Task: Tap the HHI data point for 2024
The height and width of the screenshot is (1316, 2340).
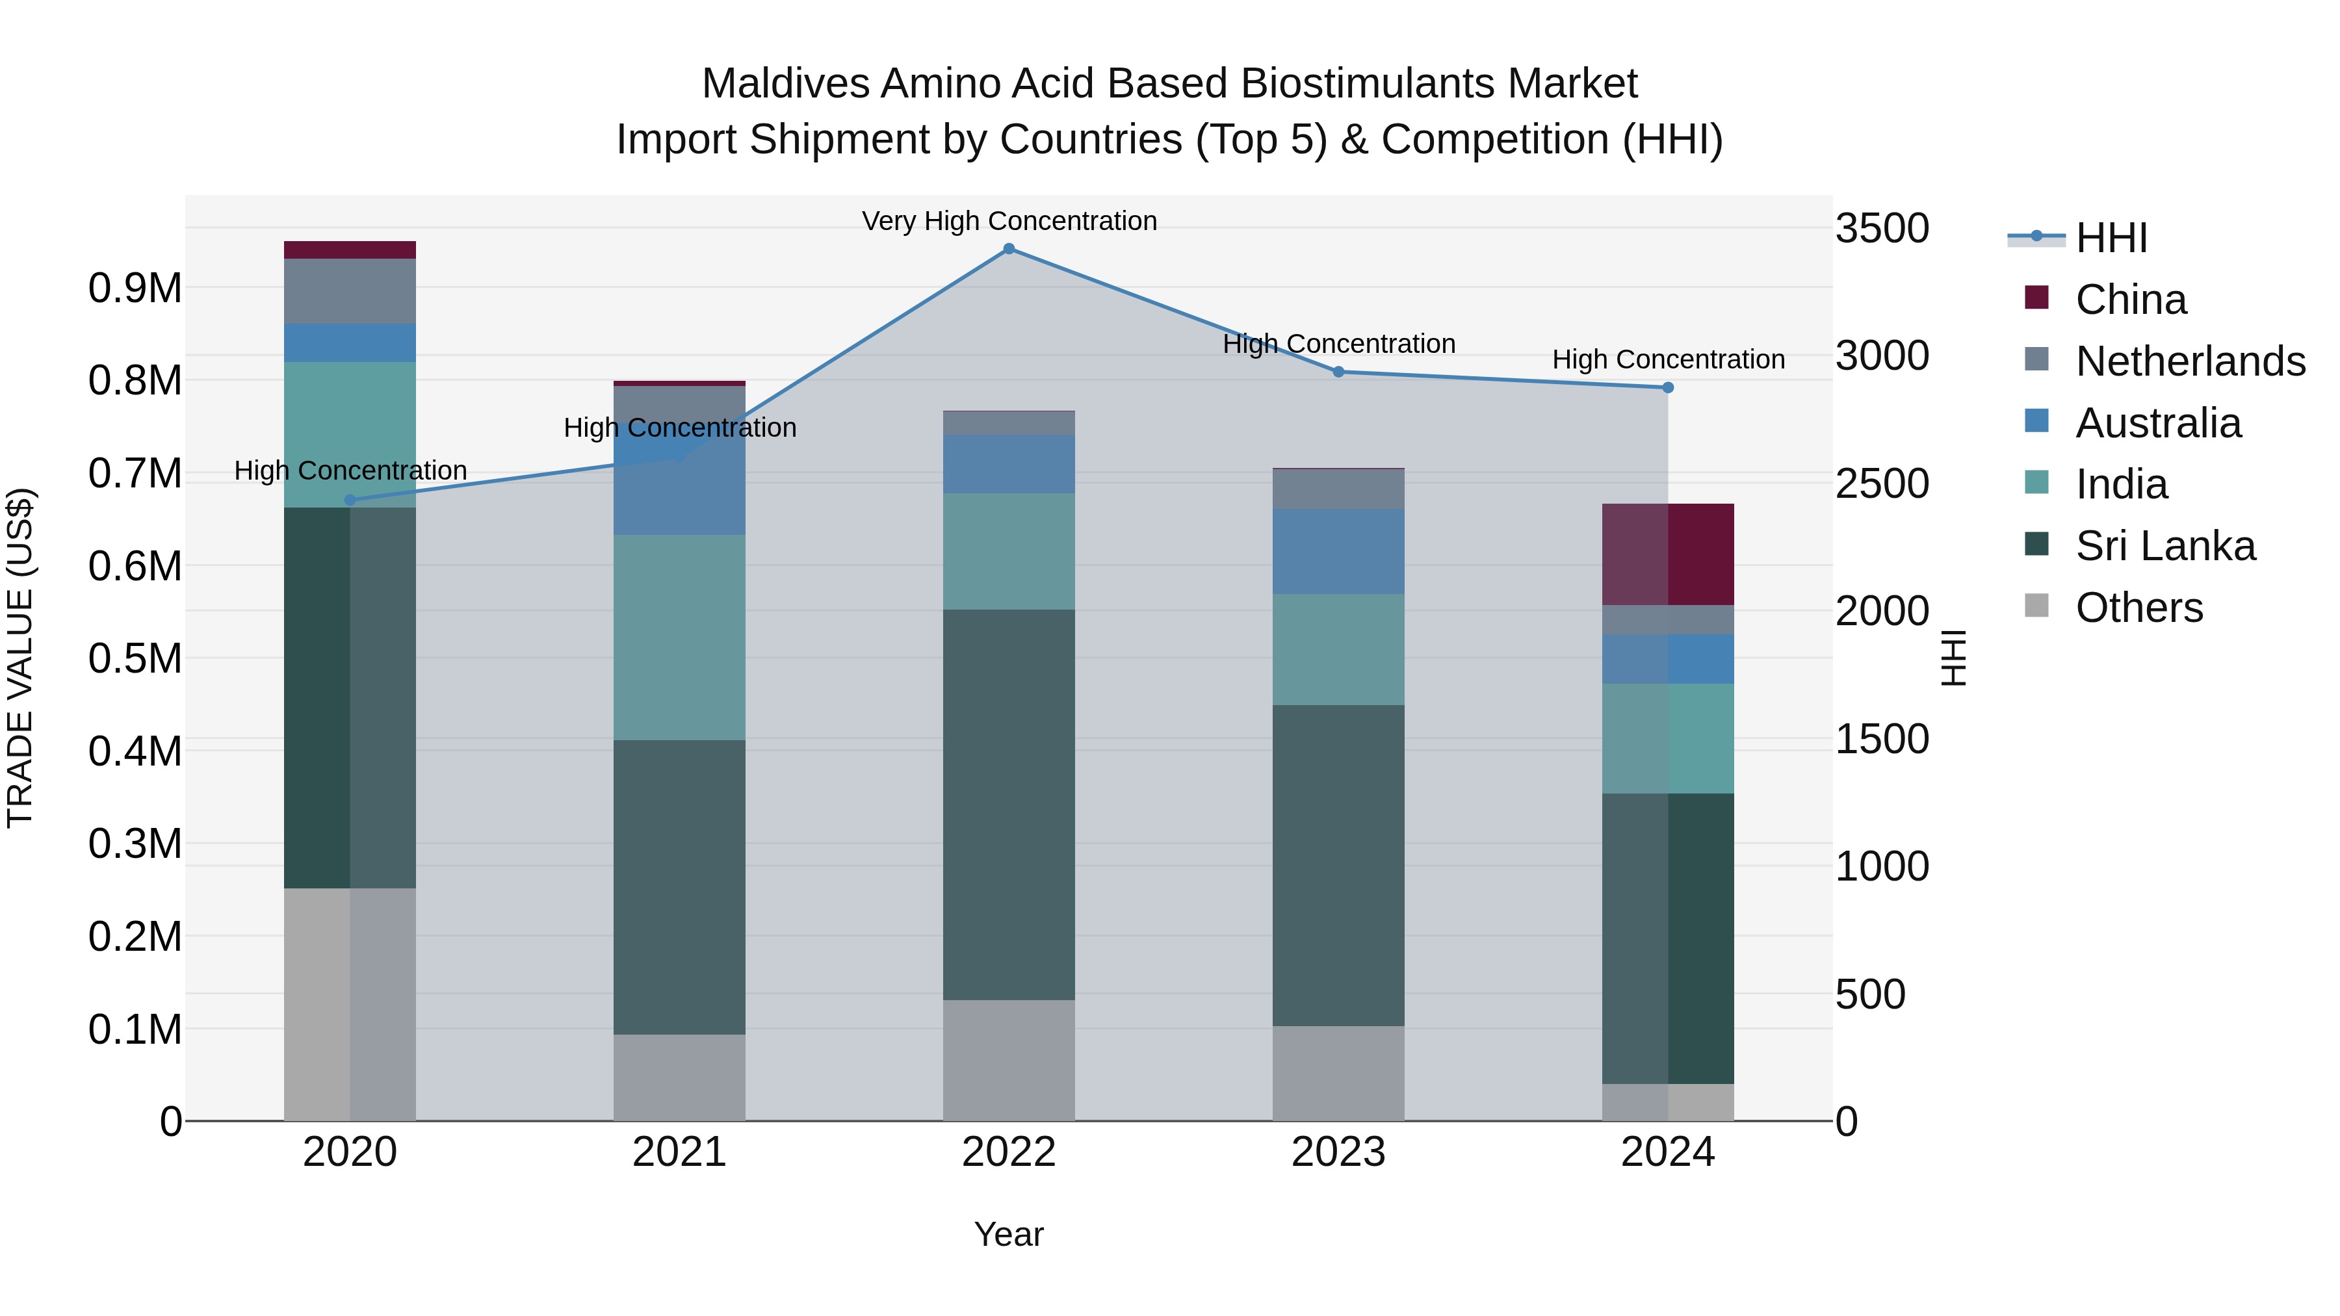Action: (x=1668, y=388)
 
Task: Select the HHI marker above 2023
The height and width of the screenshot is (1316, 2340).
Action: (x=1338, y=372)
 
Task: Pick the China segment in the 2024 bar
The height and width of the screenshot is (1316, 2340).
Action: (x=1668, y=554)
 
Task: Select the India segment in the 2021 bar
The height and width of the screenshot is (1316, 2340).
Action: (x=679, y=637)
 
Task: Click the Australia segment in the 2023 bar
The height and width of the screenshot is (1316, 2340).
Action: (x=1338, y=551)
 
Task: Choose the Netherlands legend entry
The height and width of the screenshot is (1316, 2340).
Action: (x=2189, y=361)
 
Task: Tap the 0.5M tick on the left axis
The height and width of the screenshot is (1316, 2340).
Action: (x=135, y=658)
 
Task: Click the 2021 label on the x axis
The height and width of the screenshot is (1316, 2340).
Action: (x=679, y=1152)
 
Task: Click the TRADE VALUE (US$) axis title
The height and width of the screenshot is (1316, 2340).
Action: (x=20, y=658)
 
